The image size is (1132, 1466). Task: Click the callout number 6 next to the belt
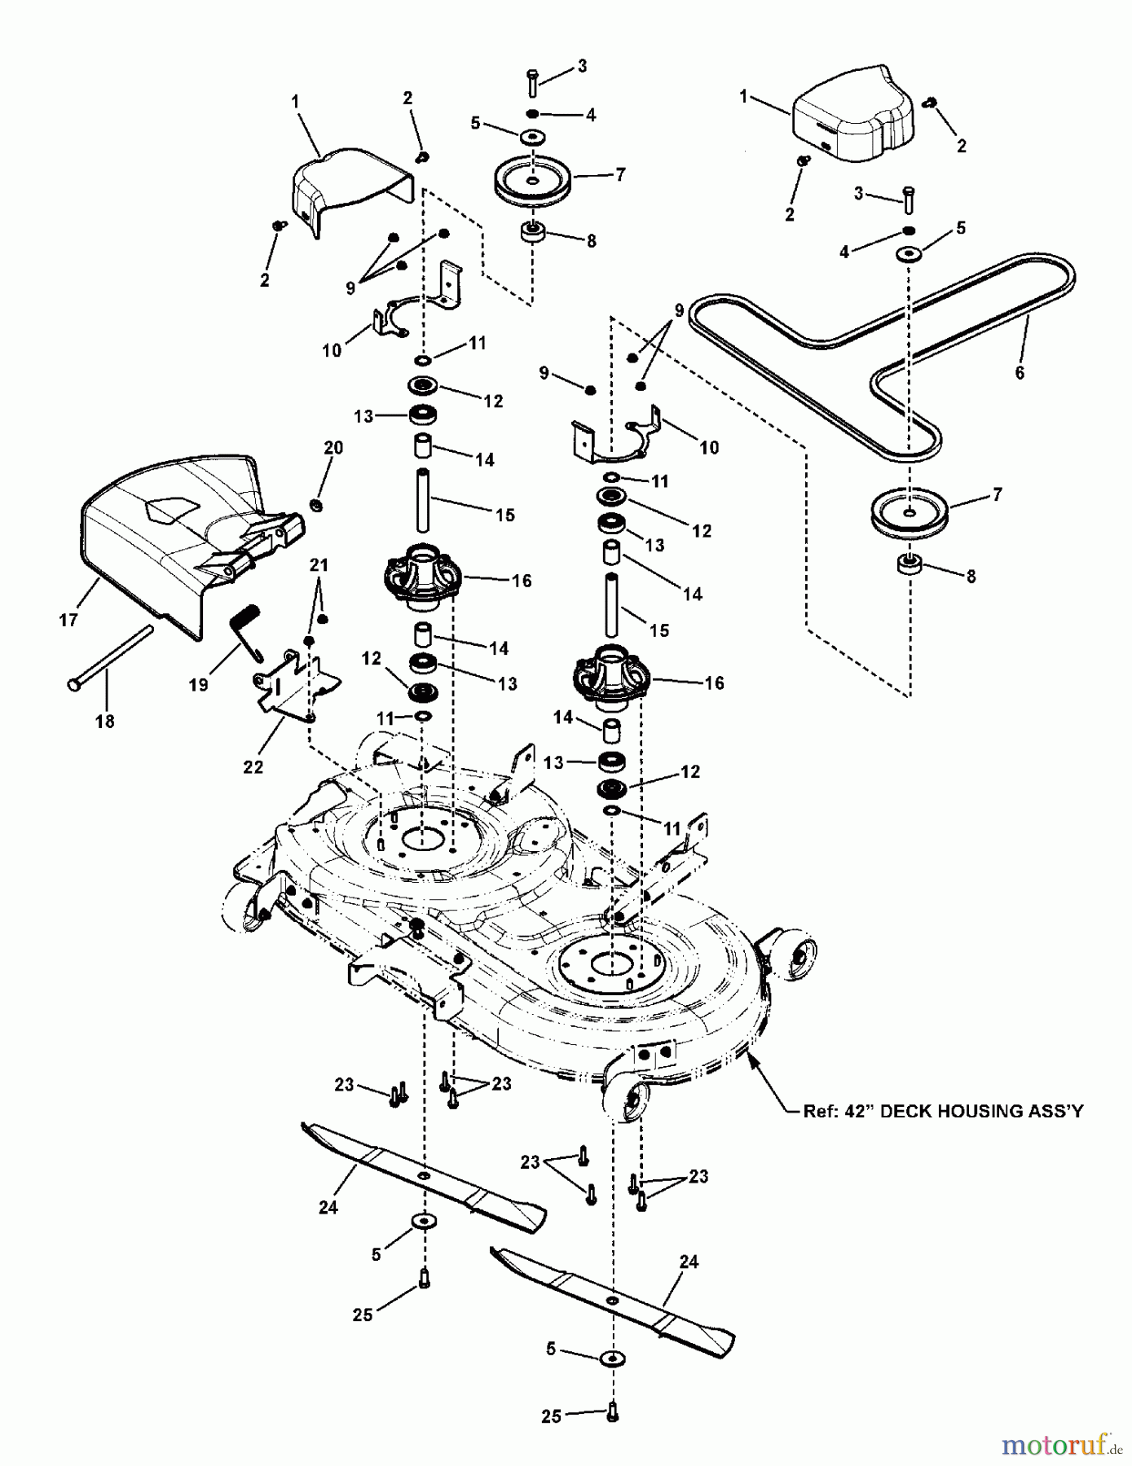coord(1019,373)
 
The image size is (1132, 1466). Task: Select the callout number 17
coord(68,620)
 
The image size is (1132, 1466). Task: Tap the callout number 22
coord(253,766)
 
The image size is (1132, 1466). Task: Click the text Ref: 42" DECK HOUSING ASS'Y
coord(943,1111)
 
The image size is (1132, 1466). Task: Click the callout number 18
coord(104,721)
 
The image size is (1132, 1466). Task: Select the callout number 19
coord(198,685)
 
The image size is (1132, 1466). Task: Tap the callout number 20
coord(333,447)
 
